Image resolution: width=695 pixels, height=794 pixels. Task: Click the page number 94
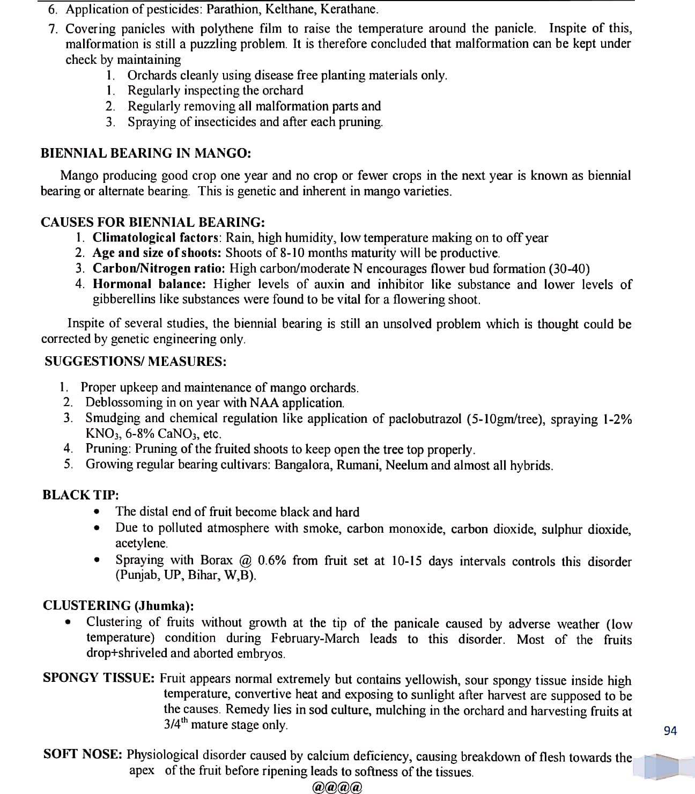pos(670,731)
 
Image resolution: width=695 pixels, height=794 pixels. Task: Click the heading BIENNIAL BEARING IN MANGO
pos(146,153)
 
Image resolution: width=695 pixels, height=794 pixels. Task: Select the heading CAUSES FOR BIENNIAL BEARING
pos(153,222)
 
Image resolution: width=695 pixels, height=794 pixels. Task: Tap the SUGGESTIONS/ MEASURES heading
pos(135,361)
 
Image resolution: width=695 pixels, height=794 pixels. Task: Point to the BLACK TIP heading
pos(80,495)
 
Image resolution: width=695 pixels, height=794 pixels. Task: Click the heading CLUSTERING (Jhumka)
pos(119,606)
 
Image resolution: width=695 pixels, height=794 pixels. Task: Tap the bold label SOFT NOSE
pos(84,755)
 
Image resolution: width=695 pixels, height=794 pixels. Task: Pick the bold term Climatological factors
pos(156,238)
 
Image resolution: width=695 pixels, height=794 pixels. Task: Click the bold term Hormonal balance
pos(149,284)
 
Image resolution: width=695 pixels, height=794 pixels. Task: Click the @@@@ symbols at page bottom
pos(338,787)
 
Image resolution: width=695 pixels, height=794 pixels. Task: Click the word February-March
pos(315,639)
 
